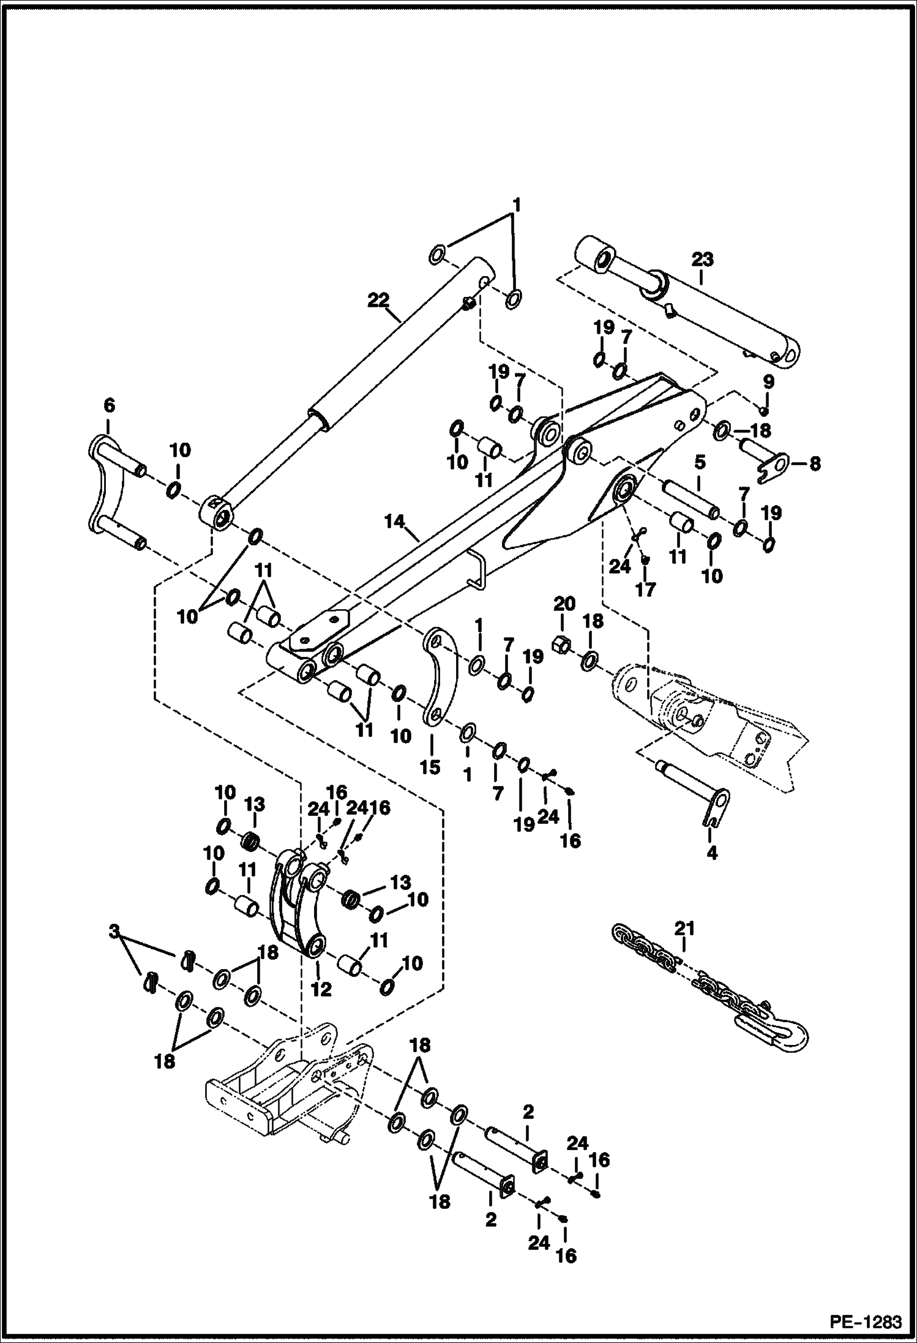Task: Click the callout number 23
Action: (703, 260)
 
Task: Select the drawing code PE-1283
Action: (866, 1323)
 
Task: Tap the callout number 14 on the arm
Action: (395, 522)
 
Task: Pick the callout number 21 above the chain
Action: (684, 946)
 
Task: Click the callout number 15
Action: (430, 767)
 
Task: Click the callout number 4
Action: (711, 852)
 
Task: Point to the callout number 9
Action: (768, 382)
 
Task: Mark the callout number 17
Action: (645, 589)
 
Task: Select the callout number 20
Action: (564, 605)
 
